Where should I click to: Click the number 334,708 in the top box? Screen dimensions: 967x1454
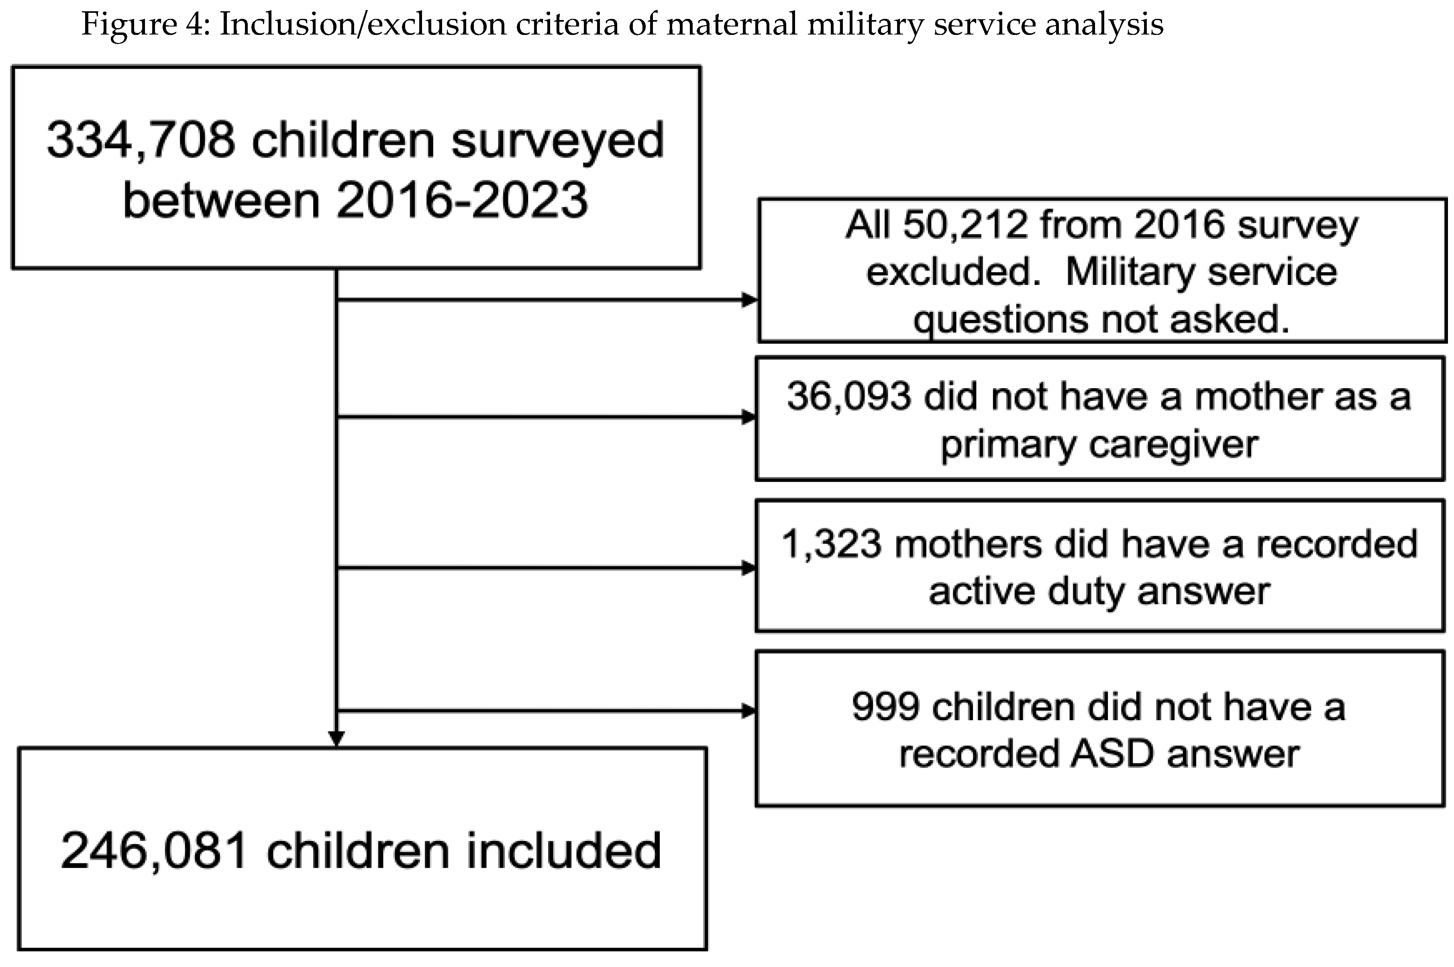[x=141, y=140]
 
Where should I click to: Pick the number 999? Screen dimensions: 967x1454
[x=887, y=707]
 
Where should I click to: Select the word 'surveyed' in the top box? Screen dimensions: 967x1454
[x=558, y=140]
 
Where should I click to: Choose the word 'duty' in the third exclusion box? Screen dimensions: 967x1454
[x=1086, y=592]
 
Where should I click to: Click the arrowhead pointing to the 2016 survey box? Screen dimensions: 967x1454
[x=749, y=300]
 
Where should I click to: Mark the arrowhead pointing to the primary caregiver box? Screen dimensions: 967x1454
[x=748, y=417]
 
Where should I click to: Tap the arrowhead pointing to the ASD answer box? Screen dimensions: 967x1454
[x=748, y=712]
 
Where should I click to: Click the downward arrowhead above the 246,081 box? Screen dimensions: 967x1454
[x=336, y=738]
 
